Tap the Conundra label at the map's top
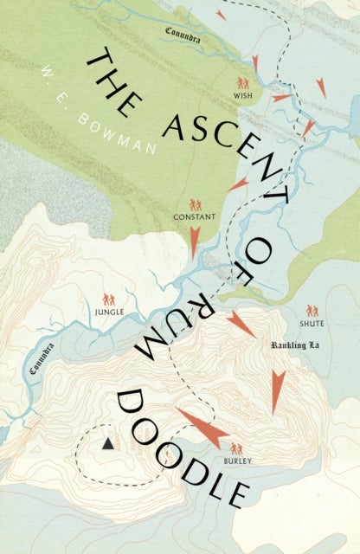[183, 32]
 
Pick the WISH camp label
[244, 98]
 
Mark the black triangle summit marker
[107, 443]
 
